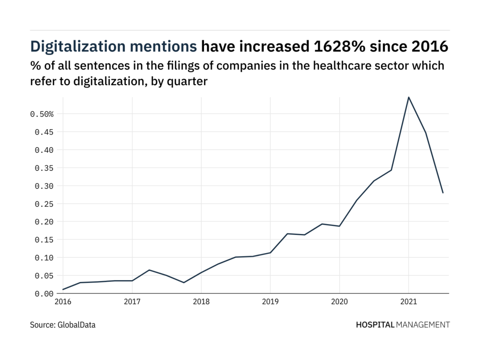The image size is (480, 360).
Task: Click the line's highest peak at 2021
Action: [x=408, y=97]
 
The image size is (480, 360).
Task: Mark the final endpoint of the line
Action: [x=443, y=193]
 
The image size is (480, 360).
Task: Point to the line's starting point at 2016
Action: [x=63, y=290]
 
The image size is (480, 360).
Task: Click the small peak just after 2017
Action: [x=149, y=270]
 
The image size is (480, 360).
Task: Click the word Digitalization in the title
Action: [x=77, y=47]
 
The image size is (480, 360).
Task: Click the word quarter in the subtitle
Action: [x=189, y=81]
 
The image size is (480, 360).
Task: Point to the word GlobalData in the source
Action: [x=76, y=324]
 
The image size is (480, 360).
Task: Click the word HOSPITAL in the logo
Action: [x=375, y=324]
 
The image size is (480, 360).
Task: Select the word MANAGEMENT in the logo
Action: [x=423, y=324]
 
